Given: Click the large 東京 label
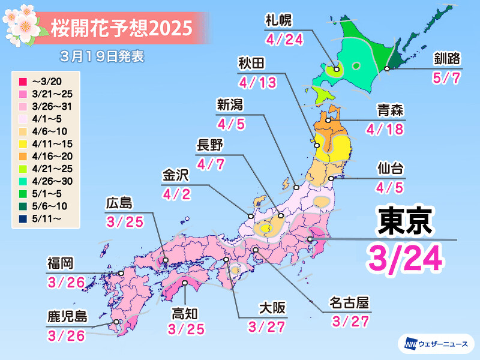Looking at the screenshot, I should tap(405, 221).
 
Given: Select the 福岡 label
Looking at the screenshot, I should tap(61, 263).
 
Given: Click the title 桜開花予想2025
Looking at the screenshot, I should tap(122, 27).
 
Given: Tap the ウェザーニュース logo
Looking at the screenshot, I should tap(435, 343).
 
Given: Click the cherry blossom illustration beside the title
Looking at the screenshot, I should tap(23, 23).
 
